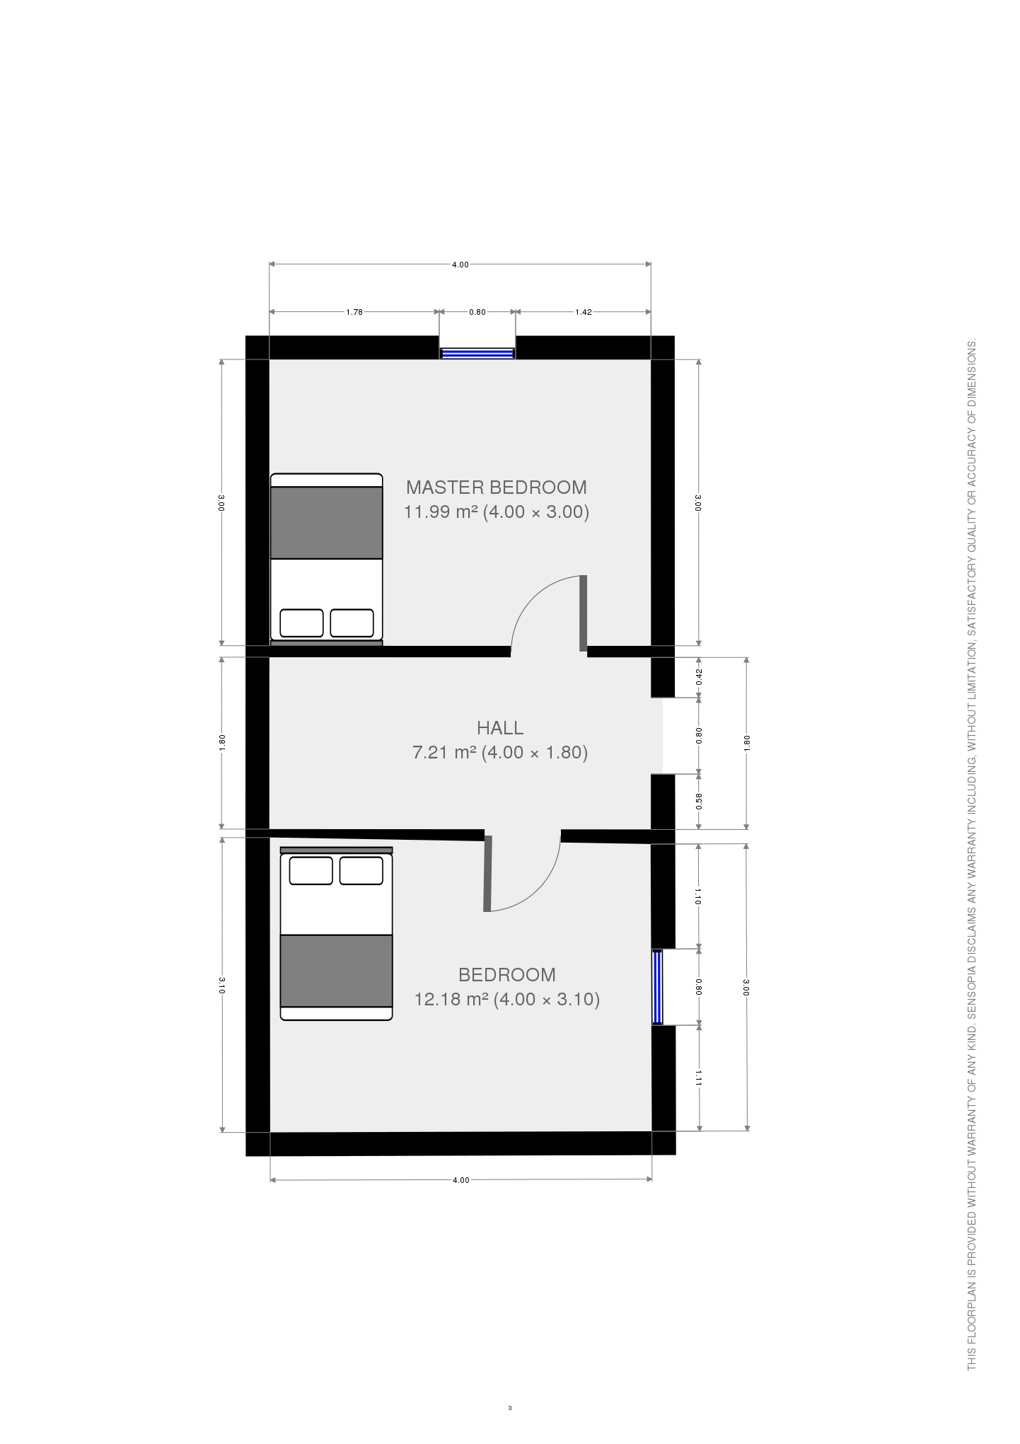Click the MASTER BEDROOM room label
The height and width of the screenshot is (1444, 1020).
click(x=496, y=487)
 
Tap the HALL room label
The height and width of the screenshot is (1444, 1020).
click(x=500, y=727)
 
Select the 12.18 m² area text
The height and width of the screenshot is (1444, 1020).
click(x=451, y=999)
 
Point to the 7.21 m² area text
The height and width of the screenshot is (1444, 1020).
click(x=444, y=752)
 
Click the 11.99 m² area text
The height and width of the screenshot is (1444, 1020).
click(x=440, y=512)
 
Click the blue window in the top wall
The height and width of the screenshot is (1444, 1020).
click(x=477, y=353)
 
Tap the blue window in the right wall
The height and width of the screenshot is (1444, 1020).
click(x=658, y=987)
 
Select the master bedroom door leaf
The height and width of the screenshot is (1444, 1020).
click(x=584, y=613)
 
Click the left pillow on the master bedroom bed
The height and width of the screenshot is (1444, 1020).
click(x=301, y=623)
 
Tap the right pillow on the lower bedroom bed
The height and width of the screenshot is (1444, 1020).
click(x=361, y=870)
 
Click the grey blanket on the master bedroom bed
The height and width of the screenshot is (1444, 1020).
click(x=327, y=523)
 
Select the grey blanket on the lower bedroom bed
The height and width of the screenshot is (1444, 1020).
click(x=337, y=971)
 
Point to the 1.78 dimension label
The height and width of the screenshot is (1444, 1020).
click(x=354, y=312)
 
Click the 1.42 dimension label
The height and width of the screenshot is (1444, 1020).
click(x=583, y=312)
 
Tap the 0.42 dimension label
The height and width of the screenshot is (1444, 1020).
click(x=699, y=677)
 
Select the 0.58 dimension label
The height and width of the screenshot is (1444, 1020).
click(x=699, y=801)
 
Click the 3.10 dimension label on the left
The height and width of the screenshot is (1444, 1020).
click(x=222, y=986)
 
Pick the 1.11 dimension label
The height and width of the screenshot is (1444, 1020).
click(x=699, y=1078)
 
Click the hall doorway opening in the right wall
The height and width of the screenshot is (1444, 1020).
click(x=663, y=736)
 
